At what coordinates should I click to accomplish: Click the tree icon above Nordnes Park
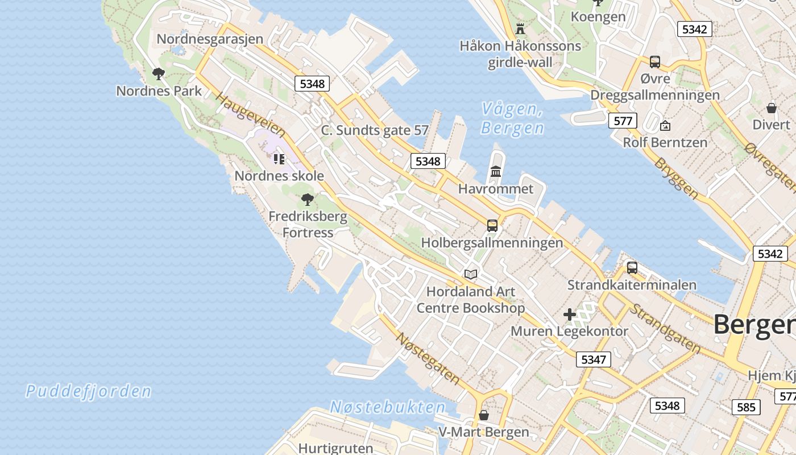click(159, 73)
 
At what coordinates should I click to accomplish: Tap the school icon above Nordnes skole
click(279, 159)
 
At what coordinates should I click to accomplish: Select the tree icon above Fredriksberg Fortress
click(308, 199)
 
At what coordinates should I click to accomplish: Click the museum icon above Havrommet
click(496, 171)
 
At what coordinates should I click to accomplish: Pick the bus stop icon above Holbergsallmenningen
click(492, 225)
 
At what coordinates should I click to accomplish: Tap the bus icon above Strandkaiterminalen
click(632, 267)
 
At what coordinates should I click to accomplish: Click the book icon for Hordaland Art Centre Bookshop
click(471, 274)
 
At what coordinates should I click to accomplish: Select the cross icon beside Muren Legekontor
click(569, 314)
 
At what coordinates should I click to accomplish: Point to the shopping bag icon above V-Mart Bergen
click(483, 415)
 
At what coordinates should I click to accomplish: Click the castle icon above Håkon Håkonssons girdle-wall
click(520, 28)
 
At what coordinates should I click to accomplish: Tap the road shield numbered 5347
click(594, 359)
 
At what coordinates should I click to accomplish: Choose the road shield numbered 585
click(746, 407)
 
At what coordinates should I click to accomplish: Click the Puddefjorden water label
click(89, 391)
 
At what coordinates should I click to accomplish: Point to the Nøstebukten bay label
click(388, 407)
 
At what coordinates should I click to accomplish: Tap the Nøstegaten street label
click(428, 358)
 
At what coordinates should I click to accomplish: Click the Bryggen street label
click(677, 178)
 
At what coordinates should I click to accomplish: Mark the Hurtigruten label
click(335, 448)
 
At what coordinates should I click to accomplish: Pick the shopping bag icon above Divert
click(772, 107)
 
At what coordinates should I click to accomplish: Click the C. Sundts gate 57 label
click(375, 130)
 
